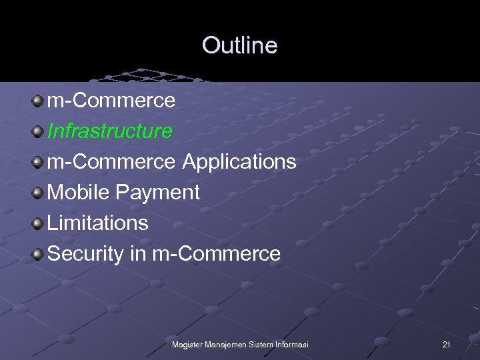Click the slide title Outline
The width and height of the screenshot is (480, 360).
tap(239, 45)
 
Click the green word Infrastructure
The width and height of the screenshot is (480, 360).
tap(110, 131)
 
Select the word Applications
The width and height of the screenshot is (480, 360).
tap(239, 161)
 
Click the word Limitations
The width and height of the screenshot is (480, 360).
tap(98, 223)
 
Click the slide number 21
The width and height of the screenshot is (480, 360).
tap(446, 344)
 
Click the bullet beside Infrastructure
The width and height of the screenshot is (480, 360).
tap(37, 131)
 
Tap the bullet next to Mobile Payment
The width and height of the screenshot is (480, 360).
tap(37, 193)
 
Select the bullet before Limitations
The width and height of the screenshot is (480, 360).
tap(37, 223)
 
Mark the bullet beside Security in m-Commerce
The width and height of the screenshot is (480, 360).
tap(37, 254)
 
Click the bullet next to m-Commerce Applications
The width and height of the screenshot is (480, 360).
tap(37, 162)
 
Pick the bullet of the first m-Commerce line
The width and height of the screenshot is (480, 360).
tap(37, 101)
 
